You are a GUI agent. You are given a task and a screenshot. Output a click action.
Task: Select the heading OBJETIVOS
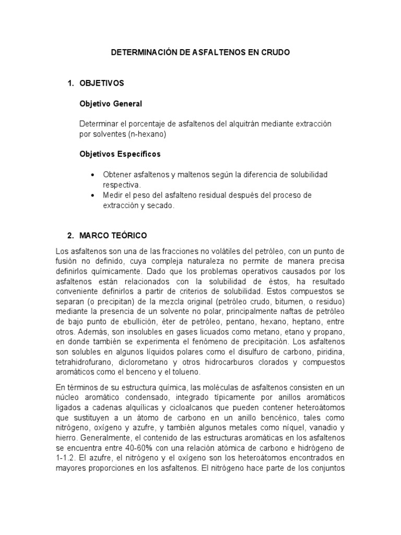pos(101,83)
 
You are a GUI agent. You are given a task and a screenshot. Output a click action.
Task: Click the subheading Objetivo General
pos(110,103)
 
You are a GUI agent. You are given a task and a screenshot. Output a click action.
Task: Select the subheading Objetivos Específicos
pos(120,154)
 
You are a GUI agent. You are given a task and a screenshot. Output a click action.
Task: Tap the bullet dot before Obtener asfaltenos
pos(92,175)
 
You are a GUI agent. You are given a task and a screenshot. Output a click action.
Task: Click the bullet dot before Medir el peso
pos(92,195)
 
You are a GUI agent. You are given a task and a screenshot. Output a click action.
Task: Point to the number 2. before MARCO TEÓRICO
pos(71,236)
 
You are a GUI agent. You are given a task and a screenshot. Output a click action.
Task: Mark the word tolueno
pos(185,372)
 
